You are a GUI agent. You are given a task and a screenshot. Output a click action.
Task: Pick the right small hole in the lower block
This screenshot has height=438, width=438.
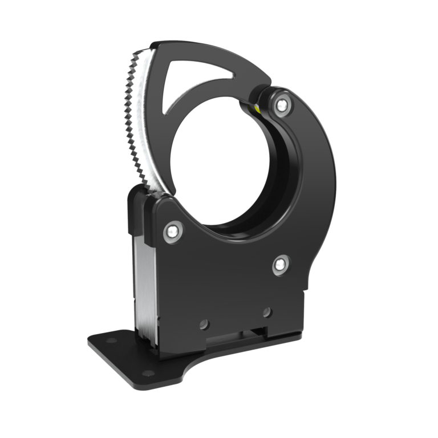(266, 312)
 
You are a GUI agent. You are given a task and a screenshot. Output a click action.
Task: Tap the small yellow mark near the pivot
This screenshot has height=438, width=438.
(258, 108)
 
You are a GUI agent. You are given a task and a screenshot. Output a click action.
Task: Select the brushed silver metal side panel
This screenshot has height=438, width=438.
(144, 285)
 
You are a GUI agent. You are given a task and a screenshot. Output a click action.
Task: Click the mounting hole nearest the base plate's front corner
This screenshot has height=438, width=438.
(148, 373)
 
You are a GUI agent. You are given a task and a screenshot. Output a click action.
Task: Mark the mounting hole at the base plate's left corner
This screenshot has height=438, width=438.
(108, 340)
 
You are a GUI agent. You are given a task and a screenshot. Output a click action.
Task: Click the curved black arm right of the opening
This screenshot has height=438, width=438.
(317, 171)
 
